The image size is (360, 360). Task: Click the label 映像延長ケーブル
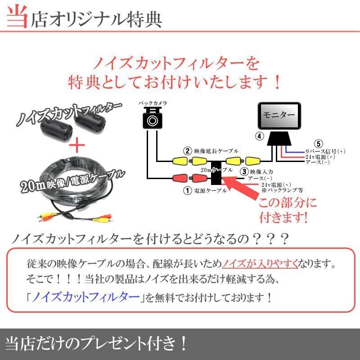pyautogui.click(x=216, y=151)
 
